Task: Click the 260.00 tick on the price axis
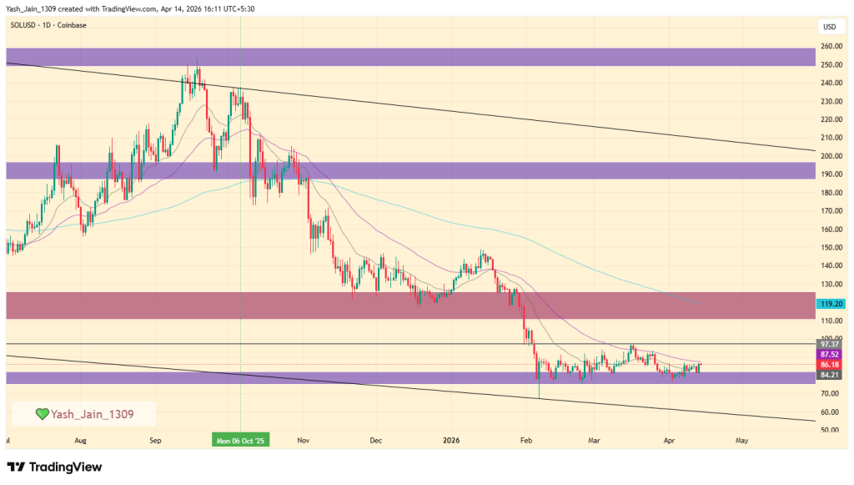pos(831,46)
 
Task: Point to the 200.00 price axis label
pos(831,156)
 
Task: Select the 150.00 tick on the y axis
pos(831,248)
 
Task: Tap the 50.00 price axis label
pos(831,430)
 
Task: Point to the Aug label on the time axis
pos(80,439)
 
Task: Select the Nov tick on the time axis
pos(303,439)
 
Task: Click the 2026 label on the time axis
pos(451,439)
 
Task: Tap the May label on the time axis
pos(741,439)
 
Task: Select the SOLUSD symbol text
pos(23,25)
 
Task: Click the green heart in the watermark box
pos(42,413)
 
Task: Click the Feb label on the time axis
pos(525,439)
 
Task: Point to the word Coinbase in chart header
pos(71,25)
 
